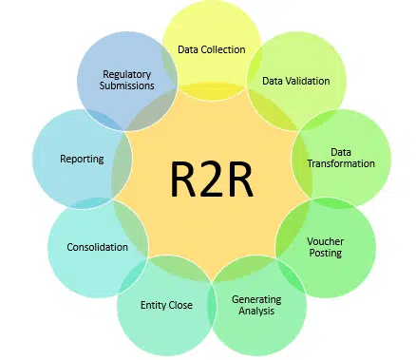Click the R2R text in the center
(x=212, y=179)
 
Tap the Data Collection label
(x=211, y=48)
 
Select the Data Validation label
(x=296, y=81)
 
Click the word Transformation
(x=341, y=163)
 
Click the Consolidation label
(x=97, y=247)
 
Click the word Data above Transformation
(x=341, y=151)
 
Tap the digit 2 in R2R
(x=211, y=179)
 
